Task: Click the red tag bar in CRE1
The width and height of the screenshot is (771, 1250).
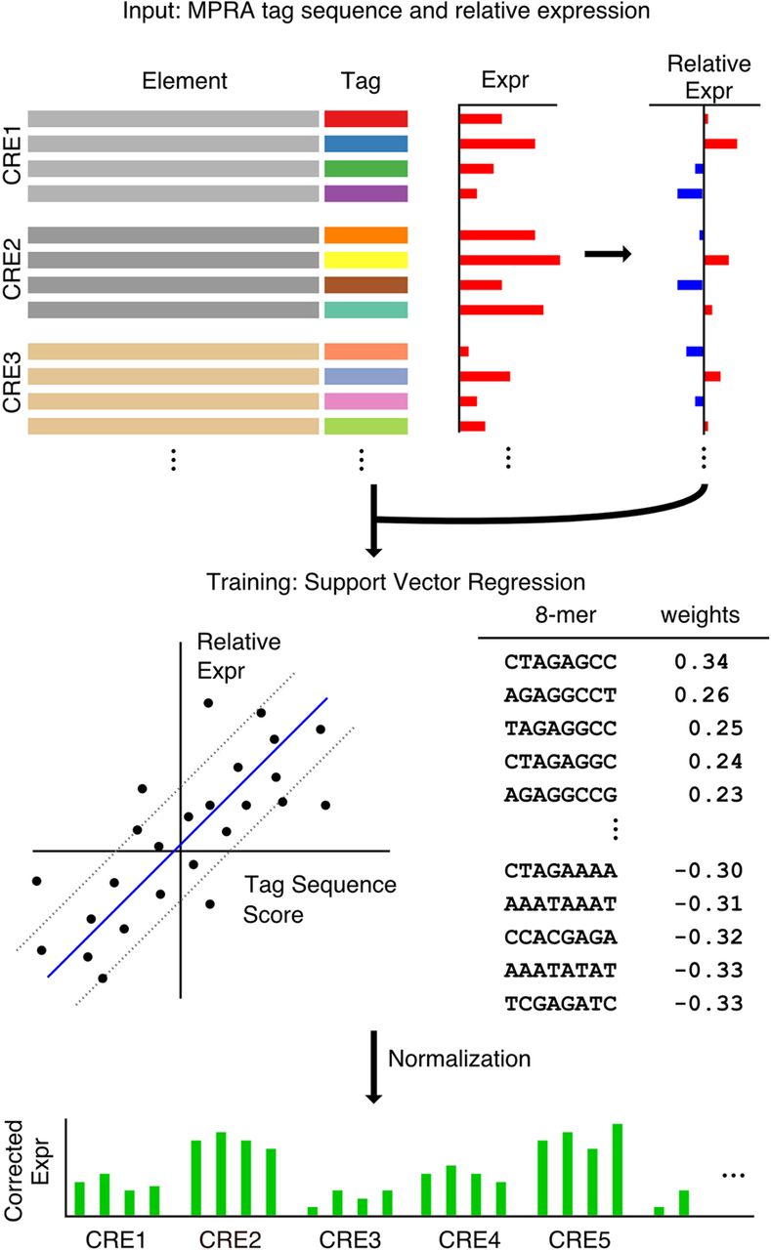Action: pos(365,119)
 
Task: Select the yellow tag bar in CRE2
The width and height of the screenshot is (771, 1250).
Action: pos(365,260)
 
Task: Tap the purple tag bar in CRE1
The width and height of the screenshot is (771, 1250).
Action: pos(365,193)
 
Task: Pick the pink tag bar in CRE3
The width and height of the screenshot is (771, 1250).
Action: pos(365,400)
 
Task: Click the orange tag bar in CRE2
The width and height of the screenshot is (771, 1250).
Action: pos(365,234)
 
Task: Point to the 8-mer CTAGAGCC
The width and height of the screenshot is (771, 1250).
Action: pos(547,662)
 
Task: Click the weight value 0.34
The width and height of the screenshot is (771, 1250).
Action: pos(694,662)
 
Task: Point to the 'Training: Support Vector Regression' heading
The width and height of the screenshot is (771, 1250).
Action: pos(396,582)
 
